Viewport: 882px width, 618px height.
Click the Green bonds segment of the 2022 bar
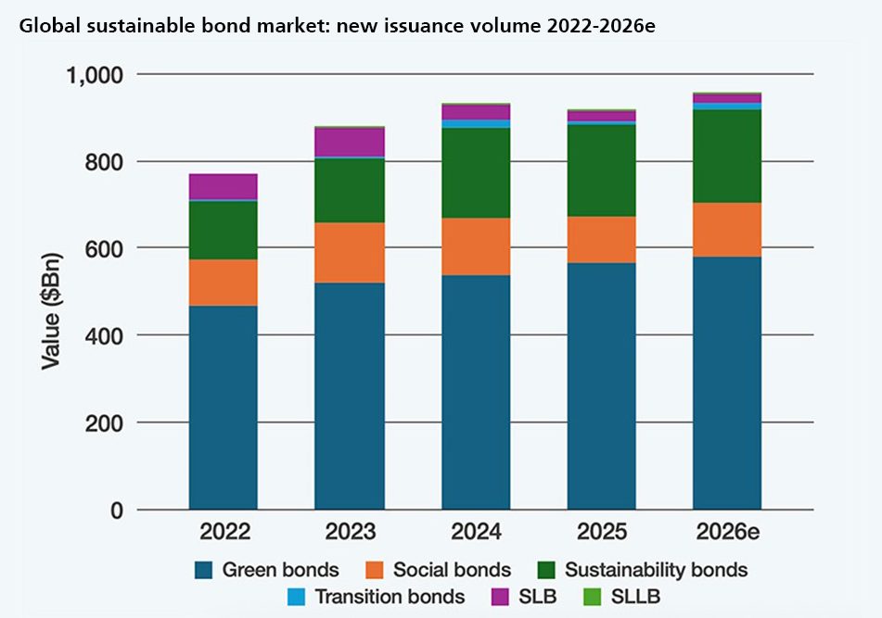[x=223, y=408]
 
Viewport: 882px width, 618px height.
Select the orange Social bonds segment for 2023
[x=349, y=252]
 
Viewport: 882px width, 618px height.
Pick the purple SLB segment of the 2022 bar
[x=223, y=186]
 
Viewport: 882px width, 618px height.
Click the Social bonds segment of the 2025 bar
[x=601, y=239]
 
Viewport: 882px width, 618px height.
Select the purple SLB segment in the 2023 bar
[x=349, y=142]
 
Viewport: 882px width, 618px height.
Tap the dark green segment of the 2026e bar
[x=727, y=156]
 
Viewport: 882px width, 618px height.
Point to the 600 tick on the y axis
[x=105, y=248]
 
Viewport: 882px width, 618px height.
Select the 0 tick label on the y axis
[x=116, y=510]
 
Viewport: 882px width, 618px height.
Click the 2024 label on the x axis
[x=476, y=532]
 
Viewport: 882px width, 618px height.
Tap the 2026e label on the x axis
[x=727, y=532]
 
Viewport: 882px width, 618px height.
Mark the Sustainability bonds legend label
[x=656, y=569]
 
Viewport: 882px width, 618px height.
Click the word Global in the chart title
[x=45, y=24]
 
